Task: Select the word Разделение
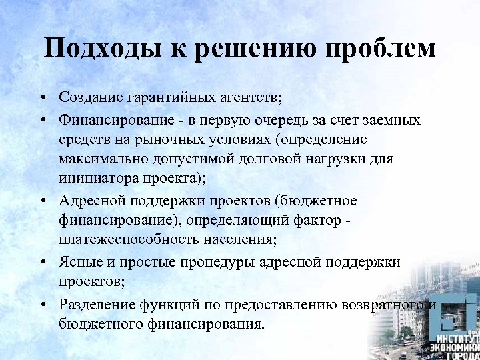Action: coord(97,305)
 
